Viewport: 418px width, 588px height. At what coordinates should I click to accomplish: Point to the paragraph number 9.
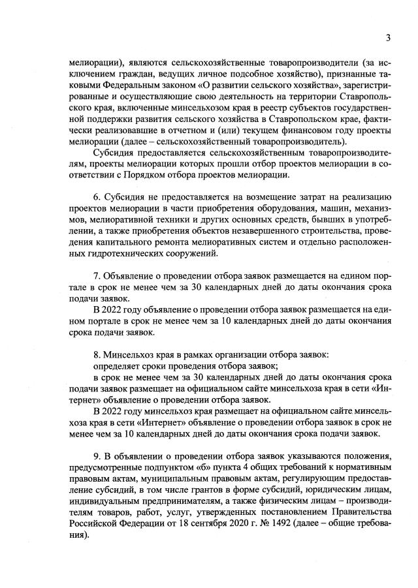point(97,456)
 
